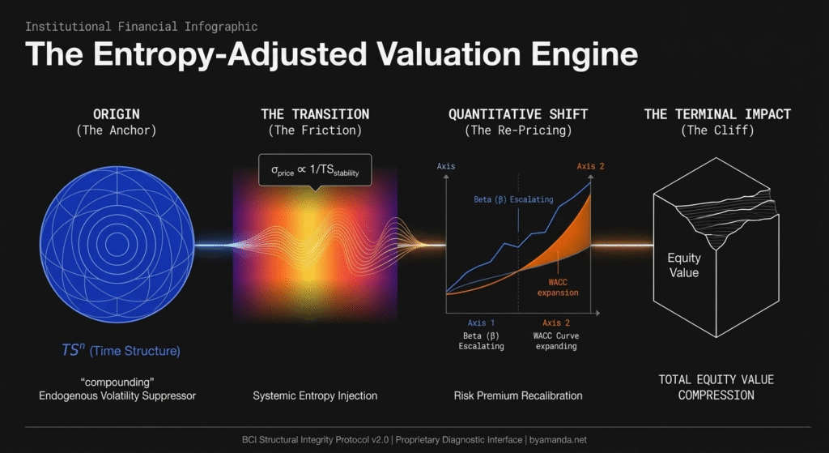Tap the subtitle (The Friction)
(x=314, y=130)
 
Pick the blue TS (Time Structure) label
(x=121, y=351)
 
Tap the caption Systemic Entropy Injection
(x=315, y=395)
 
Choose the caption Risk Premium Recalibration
(x=518, y=395)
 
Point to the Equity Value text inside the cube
(x=683, y=265)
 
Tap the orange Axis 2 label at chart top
(x=591, y=167)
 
